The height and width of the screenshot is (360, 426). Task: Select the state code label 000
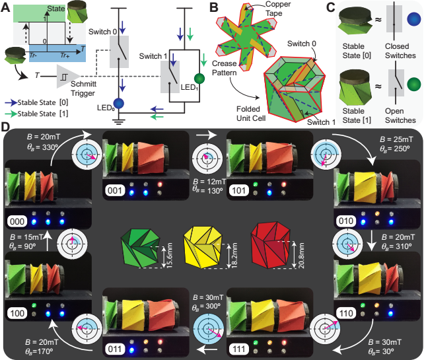click(x=17, y=220)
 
